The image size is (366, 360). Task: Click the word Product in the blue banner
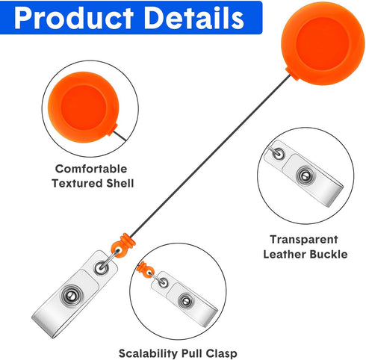(74, 18)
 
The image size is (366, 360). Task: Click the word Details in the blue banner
(194, 18)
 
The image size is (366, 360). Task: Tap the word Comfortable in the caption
(91, 169)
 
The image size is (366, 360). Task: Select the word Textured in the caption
(77, 184)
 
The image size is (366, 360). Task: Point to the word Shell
(120, 184)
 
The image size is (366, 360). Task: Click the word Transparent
(304, 240)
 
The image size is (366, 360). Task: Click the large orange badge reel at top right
(323, 44)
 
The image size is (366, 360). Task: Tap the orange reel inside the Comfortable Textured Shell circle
(84, 108)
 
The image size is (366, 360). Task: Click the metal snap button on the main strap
(72, 296)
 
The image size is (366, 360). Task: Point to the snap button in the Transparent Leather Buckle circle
(305, 176)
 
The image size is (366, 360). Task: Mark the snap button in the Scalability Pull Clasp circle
(186, 301)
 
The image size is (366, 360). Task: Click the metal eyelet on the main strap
(101, 268)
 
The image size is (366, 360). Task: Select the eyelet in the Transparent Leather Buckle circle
(278, 154)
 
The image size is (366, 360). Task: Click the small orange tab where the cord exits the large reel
(292, 74)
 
